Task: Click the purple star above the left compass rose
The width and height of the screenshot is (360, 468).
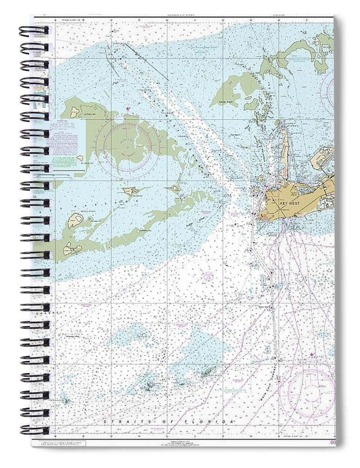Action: (128, 109)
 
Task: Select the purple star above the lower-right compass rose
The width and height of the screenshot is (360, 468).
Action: (312, 355)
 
